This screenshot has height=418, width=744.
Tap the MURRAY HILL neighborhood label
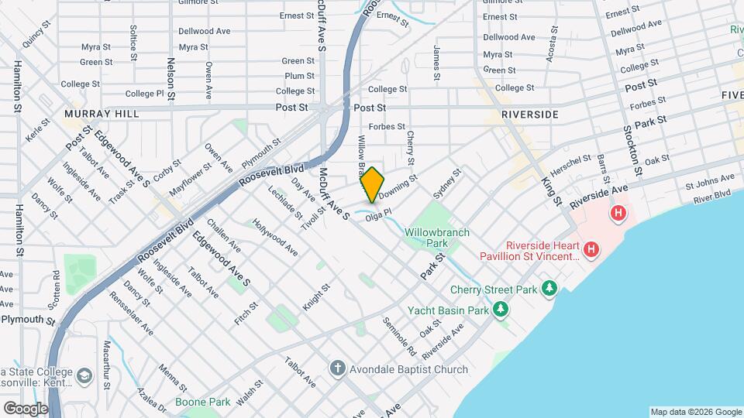pyautogui.click(x=102, y=114)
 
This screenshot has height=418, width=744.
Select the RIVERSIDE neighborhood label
pyautogui.click(x=529, y=114)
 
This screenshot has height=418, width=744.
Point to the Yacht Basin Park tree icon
pyautogui.click(x=501, y=310)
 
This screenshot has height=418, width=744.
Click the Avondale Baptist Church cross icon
pyautogui.click(x=337, y=368)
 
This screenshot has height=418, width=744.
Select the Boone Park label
pyautogui.click(x=202, y=402)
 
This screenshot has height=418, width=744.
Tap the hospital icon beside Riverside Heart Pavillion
pyautogui.click(x=591, y=249)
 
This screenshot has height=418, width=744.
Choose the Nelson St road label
pyautogui.click(x=170, y=77)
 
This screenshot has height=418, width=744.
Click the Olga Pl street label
pyautogui.click(x=379, y=219)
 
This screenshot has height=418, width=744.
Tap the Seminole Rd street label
pyautogui.click(x=399, y=337)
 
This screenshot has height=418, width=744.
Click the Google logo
pyautogui.click(x=26, y=408)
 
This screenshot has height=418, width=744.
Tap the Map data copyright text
pyautogui.click(x=694, y=412)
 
